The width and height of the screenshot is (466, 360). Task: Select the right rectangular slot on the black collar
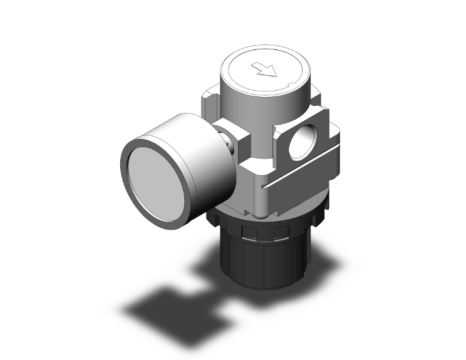(279, 233)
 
